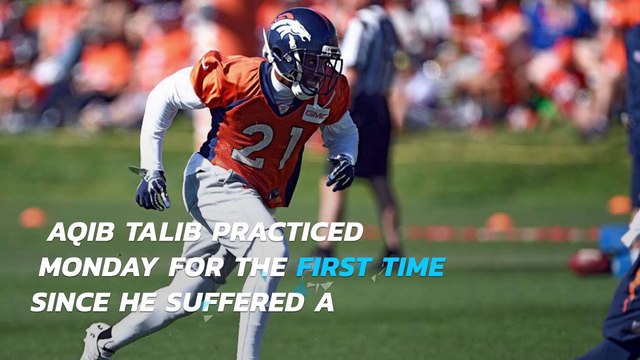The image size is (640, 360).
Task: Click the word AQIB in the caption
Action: [81, 232]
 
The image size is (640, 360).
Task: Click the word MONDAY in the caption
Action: [98, 267]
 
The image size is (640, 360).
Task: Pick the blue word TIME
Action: [412, 267]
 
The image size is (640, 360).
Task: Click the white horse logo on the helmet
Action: [290, 33]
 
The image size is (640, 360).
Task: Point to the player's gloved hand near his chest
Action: [340, 172]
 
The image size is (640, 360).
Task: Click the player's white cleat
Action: [95, 342]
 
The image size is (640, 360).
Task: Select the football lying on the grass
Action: [589, 261]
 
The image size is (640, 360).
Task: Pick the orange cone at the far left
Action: [33, 217]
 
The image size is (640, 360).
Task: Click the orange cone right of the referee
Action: [499, 222]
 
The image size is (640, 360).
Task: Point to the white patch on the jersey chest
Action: [315, 114]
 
